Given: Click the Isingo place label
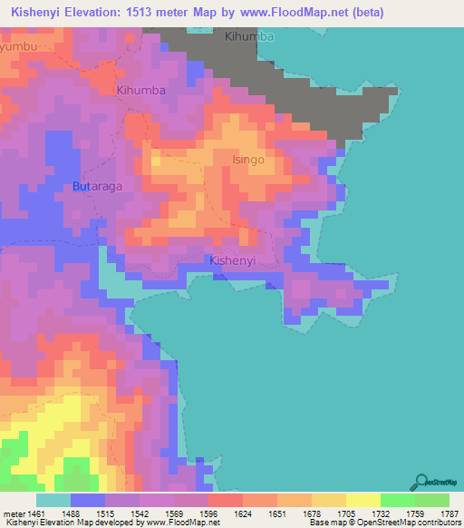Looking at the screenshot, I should pyautogui.click(x=247, y=160).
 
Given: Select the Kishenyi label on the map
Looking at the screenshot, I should pyautogui.click(x=233, y=260).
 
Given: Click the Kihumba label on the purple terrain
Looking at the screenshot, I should pyautogui.click(x=140, y=91).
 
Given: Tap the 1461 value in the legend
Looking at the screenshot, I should pyautogui.click(x=35, y=513).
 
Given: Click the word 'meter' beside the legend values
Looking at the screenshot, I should pyautogui.click(x=14, y=513).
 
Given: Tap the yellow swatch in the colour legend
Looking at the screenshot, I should pyautogui.click(x=362, y=500).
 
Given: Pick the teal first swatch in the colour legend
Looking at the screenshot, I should pyautogui.click(x=53, y=500).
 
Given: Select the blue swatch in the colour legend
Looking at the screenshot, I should pyautogui.click(x=88, y=500).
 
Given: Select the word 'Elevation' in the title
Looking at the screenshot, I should pyautogui.click(x=97, y=13).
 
